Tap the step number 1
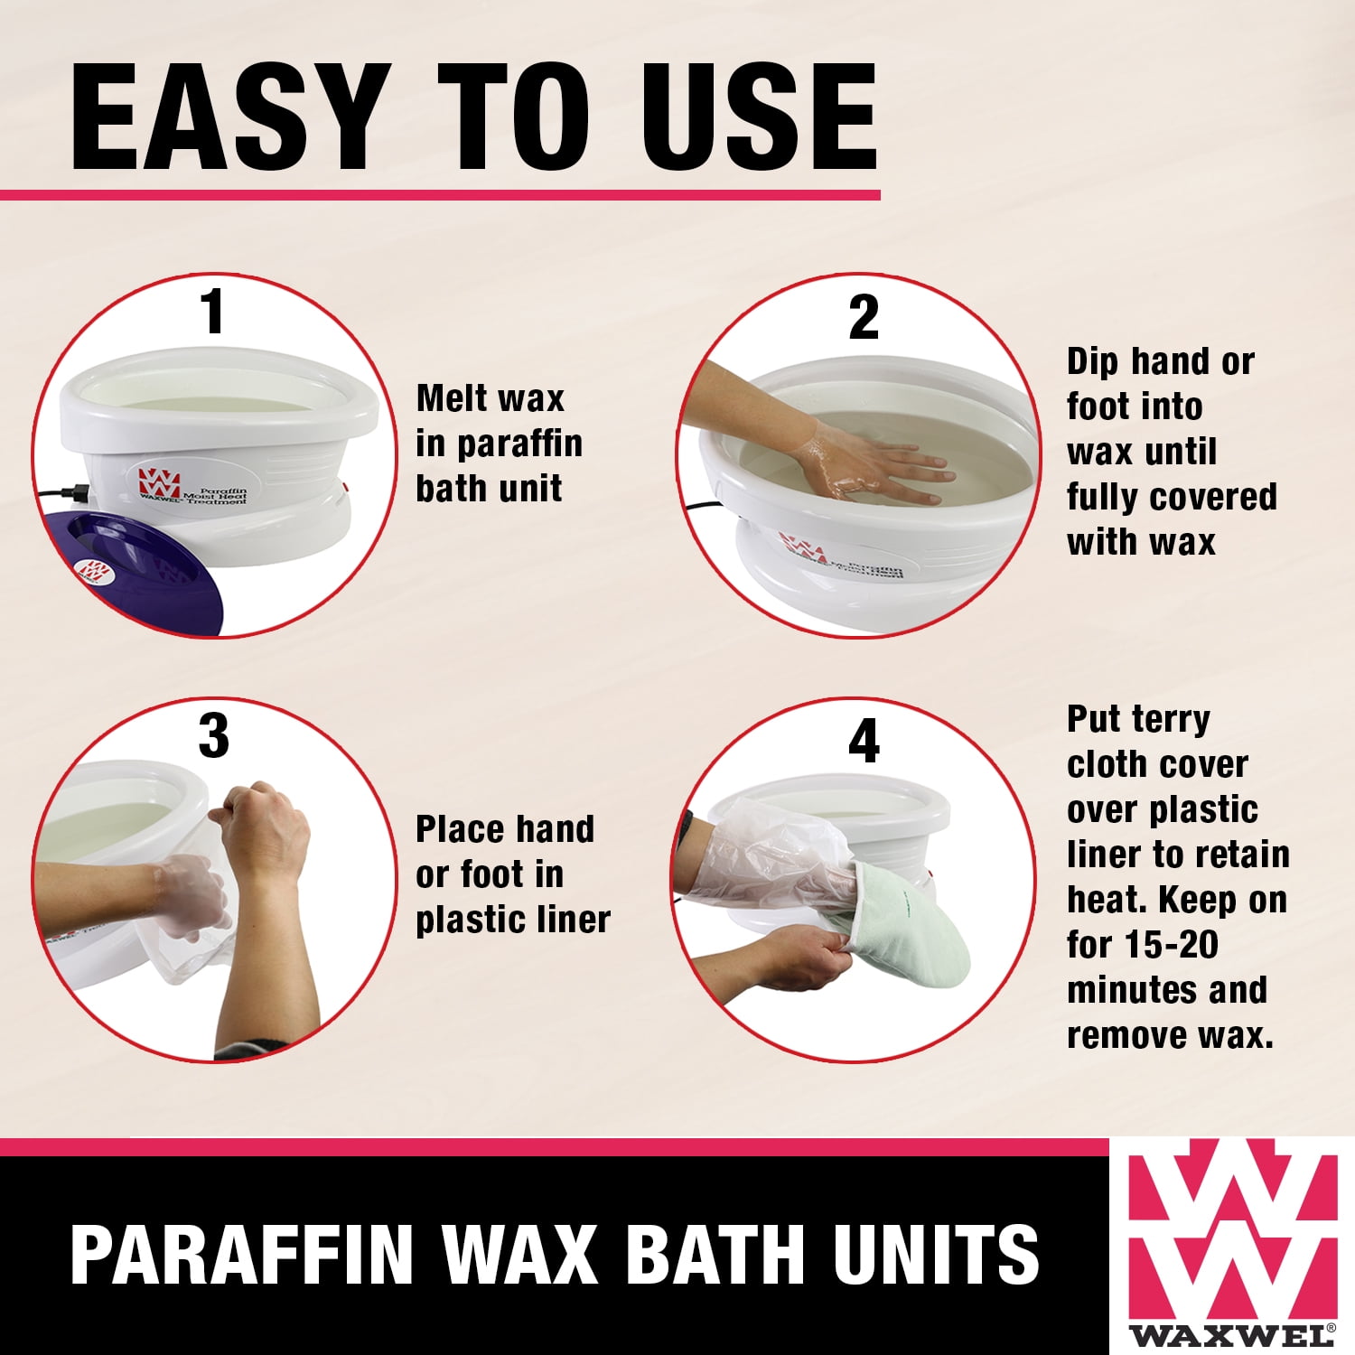pyautogui.click(x=213, y=313)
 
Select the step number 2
pyautogui.click(x=864, y=318)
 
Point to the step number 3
pyautogui.click(x=214, y=736)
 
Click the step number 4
pyautogui.click(x=864, y=742)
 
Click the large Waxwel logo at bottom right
pyautogui.click(x=1233, y=1242)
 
